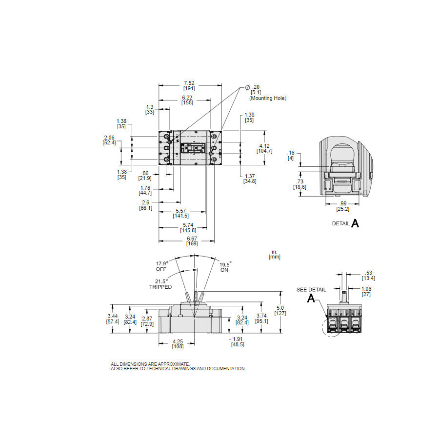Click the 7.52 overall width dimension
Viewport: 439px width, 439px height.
189,85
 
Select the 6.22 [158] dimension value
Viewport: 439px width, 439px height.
186,100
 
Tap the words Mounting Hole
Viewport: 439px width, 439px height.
268,98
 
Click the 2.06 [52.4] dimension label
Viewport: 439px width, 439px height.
109,140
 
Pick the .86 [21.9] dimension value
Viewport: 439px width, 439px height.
145,176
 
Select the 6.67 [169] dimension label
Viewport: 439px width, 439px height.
192,240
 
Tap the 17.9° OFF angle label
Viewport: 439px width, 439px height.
161,266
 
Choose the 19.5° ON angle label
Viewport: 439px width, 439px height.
224,267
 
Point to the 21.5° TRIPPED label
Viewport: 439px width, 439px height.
160,284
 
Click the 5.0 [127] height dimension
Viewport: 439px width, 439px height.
280,310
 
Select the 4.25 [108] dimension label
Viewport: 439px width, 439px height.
178,344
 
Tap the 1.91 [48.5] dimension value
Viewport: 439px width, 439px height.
238,341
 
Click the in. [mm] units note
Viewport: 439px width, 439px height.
275,254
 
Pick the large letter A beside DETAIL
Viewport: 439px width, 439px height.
356,223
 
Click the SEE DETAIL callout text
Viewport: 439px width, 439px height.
311,289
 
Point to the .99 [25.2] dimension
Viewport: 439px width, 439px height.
343,206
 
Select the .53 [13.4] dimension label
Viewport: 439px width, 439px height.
368,276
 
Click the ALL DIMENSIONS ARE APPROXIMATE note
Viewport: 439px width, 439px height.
150,364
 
